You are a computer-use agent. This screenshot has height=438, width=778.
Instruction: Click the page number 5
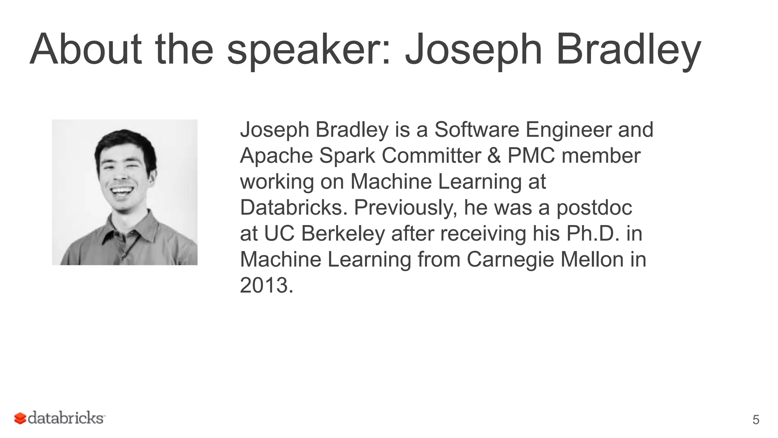[x=756, y=420]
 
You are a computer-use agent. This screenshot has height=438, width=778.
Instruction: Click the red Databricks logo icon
[x=20, y=418]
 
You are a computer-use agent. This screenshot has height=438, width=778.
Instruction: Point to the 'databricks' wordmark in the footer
[x=66, y=418]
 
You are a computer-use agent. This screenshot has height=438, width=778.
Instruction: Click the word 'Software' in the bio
[x=476, y=130]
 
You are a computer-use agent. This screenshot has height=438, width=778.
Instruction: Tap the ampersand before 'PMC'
[x=494, y=156]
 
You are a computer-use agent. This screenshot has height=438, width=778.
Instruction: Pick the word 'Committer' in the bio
[x=431, y=156]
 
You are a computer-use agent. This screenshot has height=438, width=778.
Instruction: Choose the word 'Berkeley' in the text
[x=343, y=234]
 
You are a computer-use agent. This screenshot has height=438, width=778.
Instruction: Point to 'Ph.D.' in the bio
[x=593, y=233]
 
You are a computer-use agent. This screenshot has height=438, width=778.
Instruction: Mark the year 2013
[x=266, y=286]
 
